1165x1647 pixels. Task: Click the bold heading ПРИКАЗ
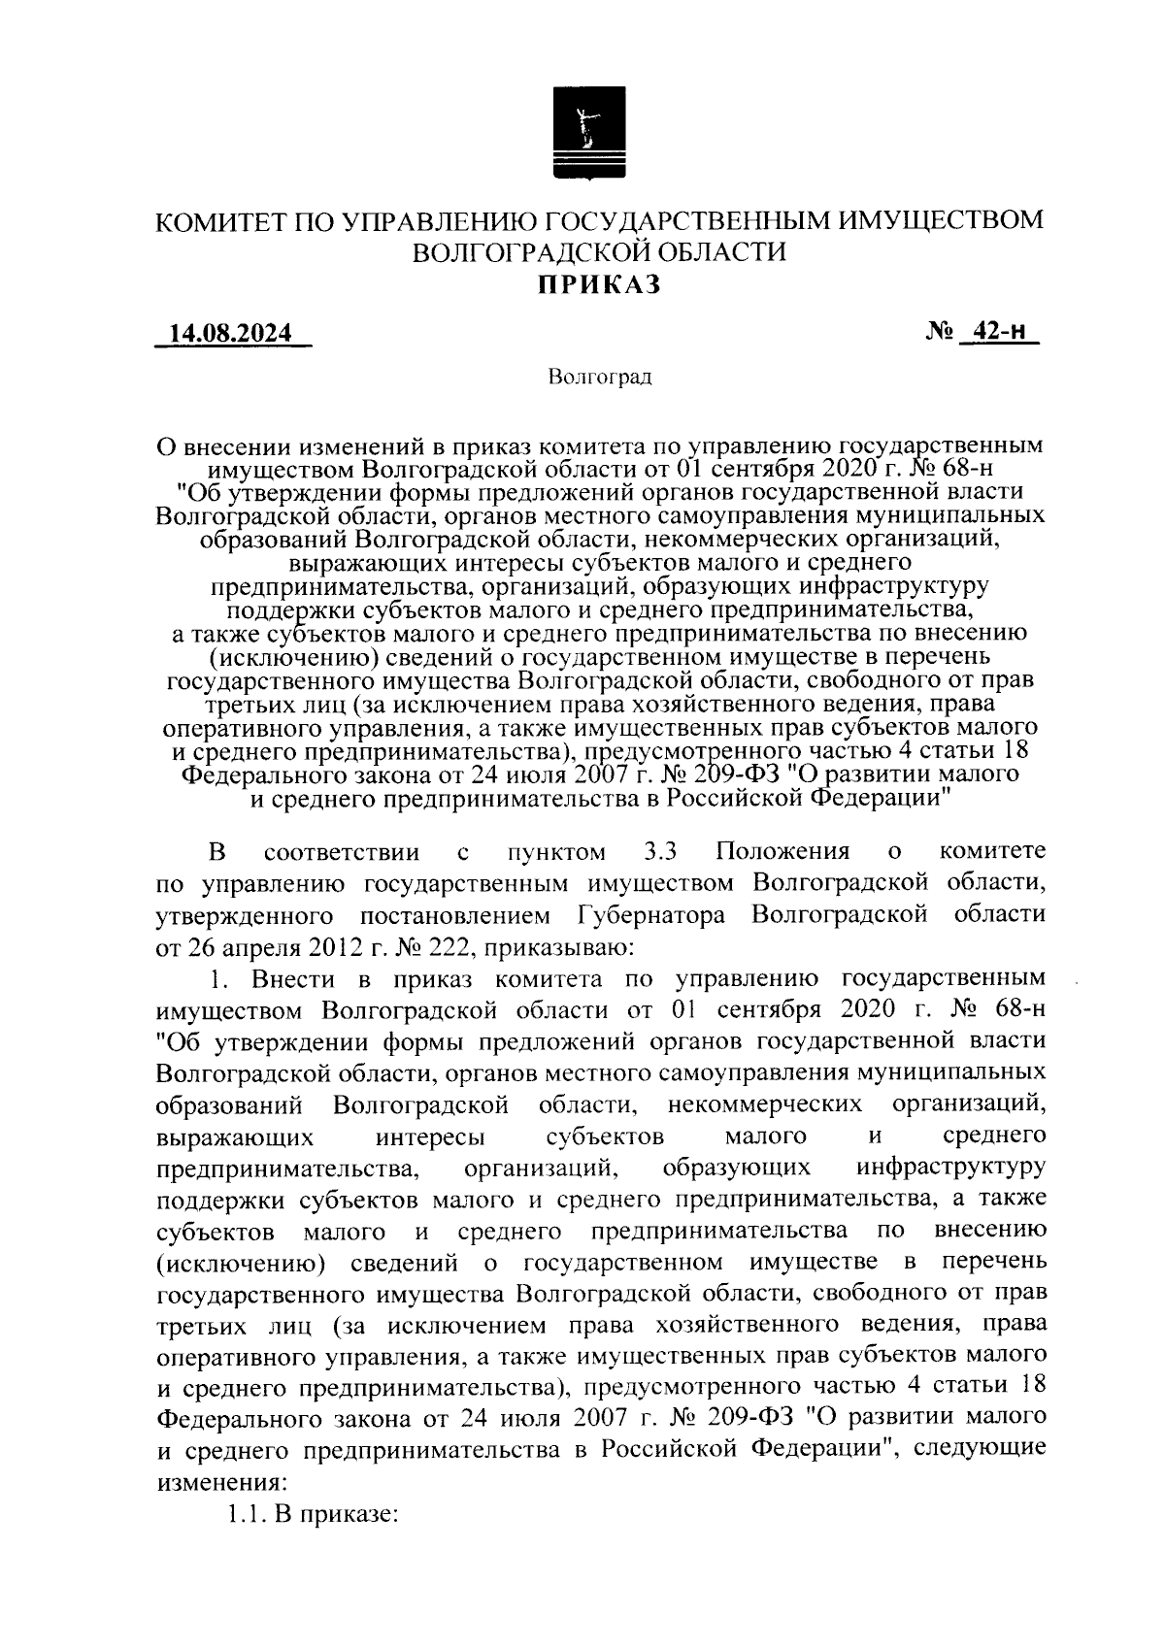click(599, 284)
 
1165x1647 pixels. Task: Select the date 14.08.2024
click(231, 334)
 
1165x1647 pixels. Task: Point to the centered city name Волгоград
click(599, 377)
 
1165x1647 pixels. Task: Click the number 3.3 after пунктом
click(660, 852)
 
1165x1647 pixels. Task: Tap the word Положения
click(782, 852)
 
